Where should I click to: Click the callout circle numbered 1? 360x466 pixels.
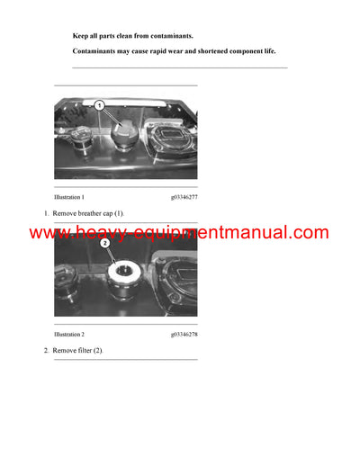(100, 106)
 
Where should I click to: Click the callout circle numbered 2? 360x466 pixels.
(105, 242)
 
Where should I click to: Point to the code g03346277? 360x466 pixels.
(184, 196)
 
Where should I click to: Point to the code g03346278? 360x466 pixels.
(184, 334)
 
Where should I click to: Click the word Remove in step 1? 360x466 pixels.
(66, 213)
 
